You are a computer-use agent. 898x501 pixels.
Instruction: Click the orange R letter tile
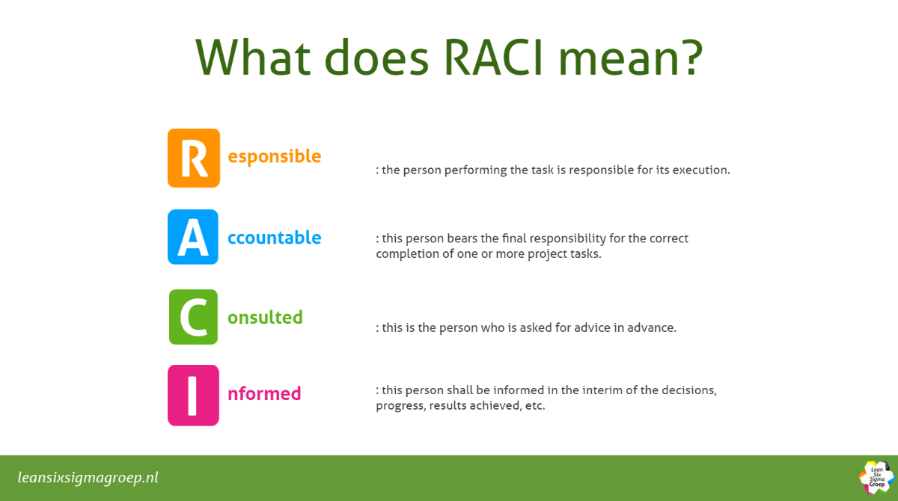pos(194,158)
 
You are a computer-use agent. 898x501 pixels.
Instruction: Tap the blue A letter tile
pos(193,237)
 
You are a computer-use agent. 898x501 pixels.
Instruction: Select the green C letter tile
pos(193,317)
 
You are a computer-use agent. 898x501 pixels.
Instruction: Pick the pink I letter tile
pos(193,396)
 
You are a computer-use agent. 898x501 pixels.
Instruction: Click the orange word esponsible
pos(274,156)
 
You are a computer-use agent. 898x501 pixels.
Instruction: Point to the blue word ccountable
pos(274,238)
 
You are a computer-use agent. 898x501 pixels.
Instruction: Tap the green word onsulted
pos(265,317)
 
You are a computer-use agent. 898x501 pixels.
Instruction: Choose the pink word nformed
pos(263,393)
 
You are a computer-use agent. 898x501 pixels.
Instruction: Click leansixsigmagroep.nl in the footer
pos(88,478)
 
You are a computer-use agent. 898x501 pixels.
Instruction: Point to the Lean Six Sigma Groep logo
pos(877,478)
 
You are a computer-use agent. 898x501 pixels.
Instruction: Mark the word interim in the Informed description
pos(600,390)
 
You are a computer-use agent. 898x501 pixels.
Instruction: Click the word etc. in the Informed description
pos(535,406)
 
